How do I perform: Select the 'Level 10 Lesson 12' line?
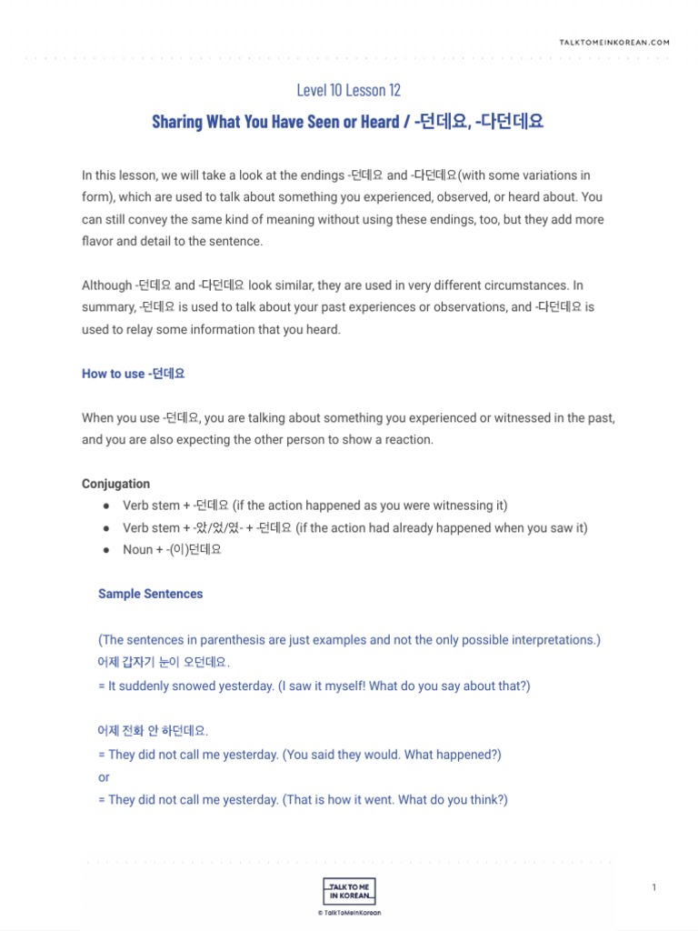(348, 90)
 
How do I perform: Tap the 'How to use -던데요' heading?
(134, 374)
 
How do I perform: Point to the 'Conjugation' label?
(115, 484)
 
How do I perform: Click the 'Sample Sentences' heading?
(150, 594)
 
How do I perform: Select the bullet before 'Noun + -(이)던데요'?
(106, 550)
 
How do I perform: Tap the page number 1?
(653, 887)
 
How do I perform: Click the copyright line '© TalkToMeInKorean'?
(349, 912)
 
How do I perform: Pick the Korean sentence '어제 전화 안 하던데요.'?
(153, 730)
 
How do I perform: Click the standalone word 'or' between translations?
(104, 777)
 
